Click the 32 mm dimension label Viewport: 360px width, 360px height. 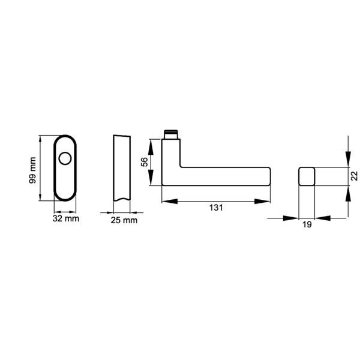click(x=65, y=219)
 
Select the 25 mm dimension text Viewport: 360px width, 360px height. click(x=124, y=220)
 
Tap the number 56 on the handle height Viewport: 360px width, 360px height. click(x=144, y=162)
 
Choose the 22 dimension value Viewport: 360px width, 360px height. click(x=355, y=175)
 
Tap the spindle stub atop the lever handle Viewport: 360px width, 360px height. click(x=172, y=133)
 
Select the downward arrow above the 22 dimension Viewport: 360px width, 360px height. click(x=348, y=161)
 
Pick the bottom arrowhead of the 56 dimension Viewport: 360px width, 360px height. click(x=151, y=183)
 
